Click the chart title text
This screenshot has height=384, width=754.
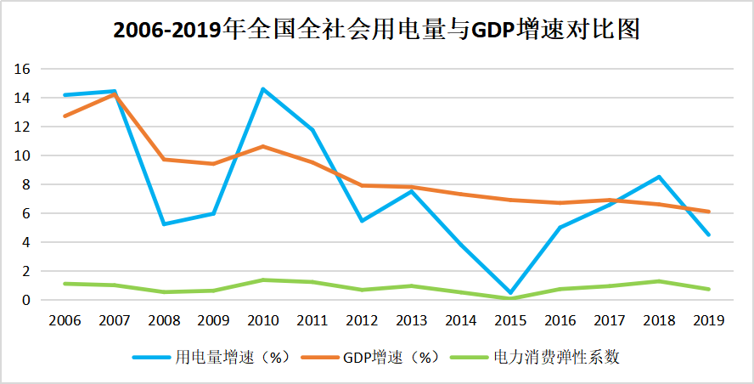click(376, 31)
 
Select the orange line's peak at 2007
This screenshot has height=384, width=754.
click(114, 94)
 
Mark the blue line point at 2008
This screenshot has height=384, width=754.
click(164, 223)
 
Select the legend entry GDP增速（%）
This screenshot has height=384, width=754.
click(392, 358)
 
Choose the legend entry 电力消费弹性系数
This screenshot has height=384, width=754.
click(556, 358)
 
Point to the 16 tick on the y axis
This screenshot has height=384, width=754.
click(24, 69)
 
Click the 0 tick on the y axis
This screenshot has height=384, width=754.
click(27, 300)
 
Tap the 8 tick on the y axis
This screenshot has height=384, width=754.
click(27, 184)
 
